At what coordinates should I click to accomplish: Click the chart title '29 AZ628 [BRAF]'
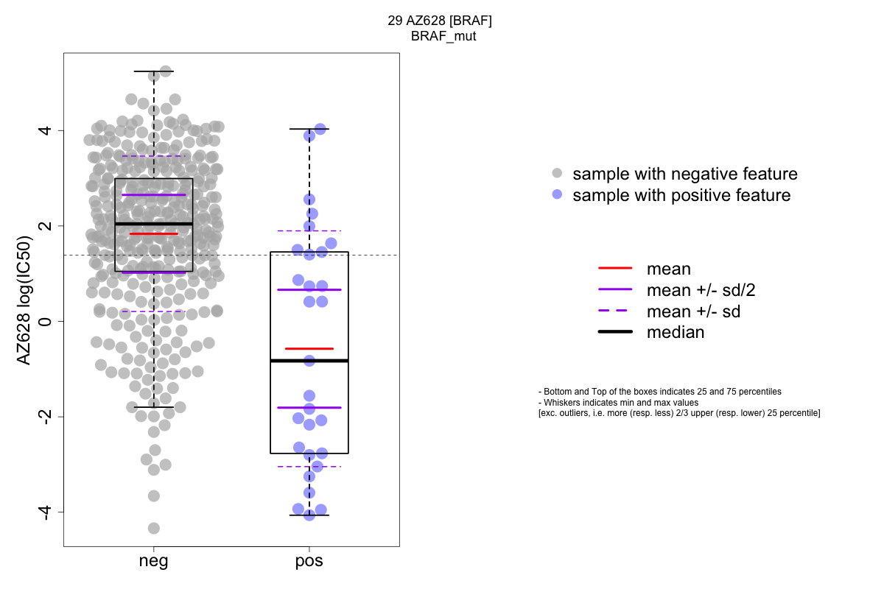[440, 21]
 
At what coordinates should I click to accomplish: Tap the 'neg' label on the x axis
[153, 561]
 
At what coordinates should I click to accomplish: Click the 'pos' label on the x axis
[309, 561]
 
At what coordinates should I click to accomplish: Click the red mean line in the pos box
[309, 348]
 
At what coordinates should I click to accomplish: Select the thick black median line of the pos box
[309, 361]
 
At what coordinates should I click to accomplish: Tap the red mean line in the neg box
[153, 233]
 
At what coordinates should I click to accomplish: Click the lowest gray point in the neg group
[153, 528]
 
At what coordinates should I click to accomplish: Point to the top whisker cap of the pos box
[309, 129]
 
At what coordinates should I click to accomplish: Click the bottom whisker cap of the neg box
[153, 407]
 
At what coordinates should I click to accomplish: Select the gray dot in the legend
[557, 174]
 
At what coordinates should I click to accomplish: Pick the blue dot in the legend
[557, 195]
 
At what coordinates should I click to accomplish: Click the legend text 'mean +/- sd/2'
[701, 290]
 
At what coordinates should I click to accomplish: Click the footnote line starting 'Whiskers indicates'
[619, 403]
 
